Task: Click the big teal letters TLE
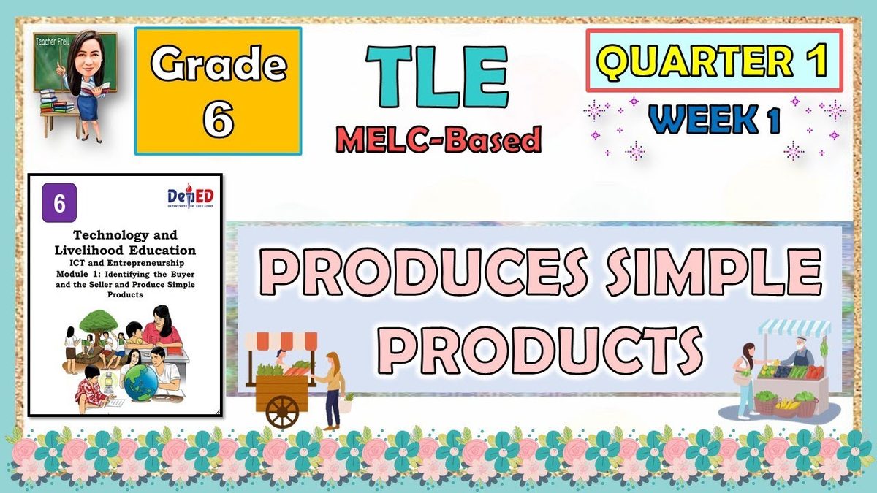click(437, 77)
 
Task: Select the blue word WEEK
click(703, 119)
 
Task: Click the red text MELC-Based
click(438, 139)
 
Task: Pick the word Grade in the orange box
click(219, 64)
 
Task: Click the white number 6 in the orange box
click(218, 116)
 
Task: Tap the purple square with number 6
click(59, 203)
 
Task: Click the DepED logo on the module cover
click(191, 196)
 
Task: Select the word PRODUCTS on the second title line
click(539, 351)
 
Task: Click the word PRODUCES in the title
click(423, 272)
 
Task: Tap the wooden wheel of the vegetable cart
click(282, 412)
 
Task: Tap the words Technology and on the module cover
click(125, 235)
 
